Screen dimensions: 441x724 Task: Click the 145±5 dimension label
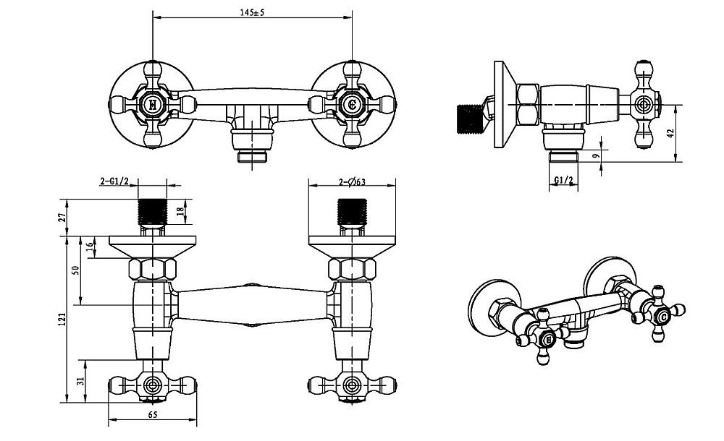pyautogui.click(x=251, y=12)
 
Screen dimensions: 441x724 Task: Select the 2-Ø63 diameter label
pyautogui.click(x=352, y=181)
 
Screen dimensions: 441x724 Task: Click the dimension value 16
pyautogui.click(x=90, y=246)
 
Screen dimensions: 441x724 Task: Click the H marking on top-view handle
pyautogui.click(x=152, y=105)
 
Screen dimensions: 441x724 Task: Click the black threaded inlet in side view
pyautogui.click(x=473, y=117)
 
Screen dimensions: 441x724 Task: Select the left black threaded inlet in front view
pyautogui.click(x=153, y=210)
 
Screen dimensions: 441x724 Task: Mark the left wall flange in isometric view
pyautogui.click(x=494, y=304)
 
